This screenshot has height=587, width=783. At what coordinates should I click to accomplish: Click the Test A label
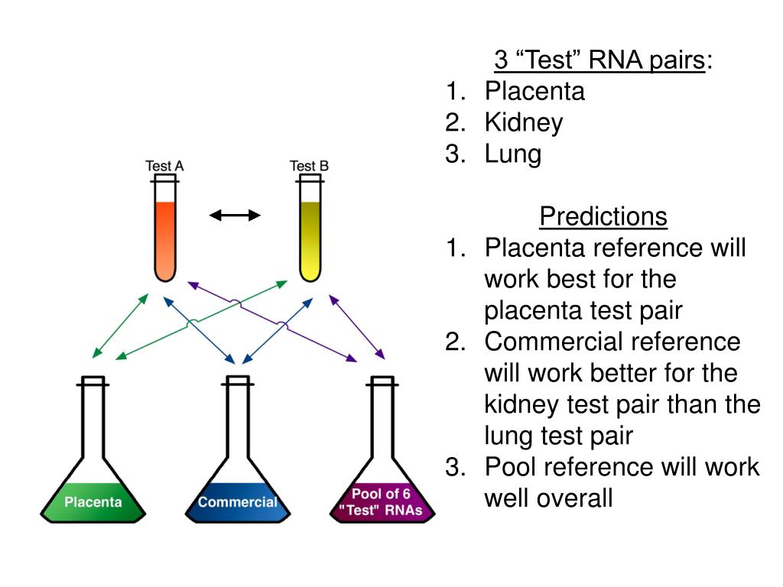(164, 166)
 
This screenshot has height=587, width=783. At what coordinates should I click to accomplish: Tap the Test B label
(309, 166)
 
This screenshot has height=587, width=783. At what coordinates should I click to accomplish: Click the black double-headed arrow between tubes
(236, 216)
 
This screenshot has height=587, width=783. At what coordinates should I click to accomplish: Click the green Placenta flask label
(93, 502)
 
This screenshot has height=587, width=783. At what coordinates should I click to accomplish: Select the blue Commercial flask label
(237, 502)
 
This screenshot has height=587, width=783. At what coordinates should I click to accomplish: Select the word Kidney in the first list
(524, 122)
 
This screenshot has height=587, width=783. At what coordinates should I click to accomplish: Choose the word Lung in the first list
(512, 154)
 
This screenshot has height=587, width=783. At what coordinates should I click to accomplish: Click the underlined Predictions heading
(603, 216)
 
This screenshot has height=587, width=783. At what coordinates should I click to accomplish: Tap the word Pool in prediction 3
(512, 467)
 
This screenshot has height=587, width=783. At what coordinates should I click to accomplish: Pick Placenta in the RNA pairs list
(534, 91)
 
